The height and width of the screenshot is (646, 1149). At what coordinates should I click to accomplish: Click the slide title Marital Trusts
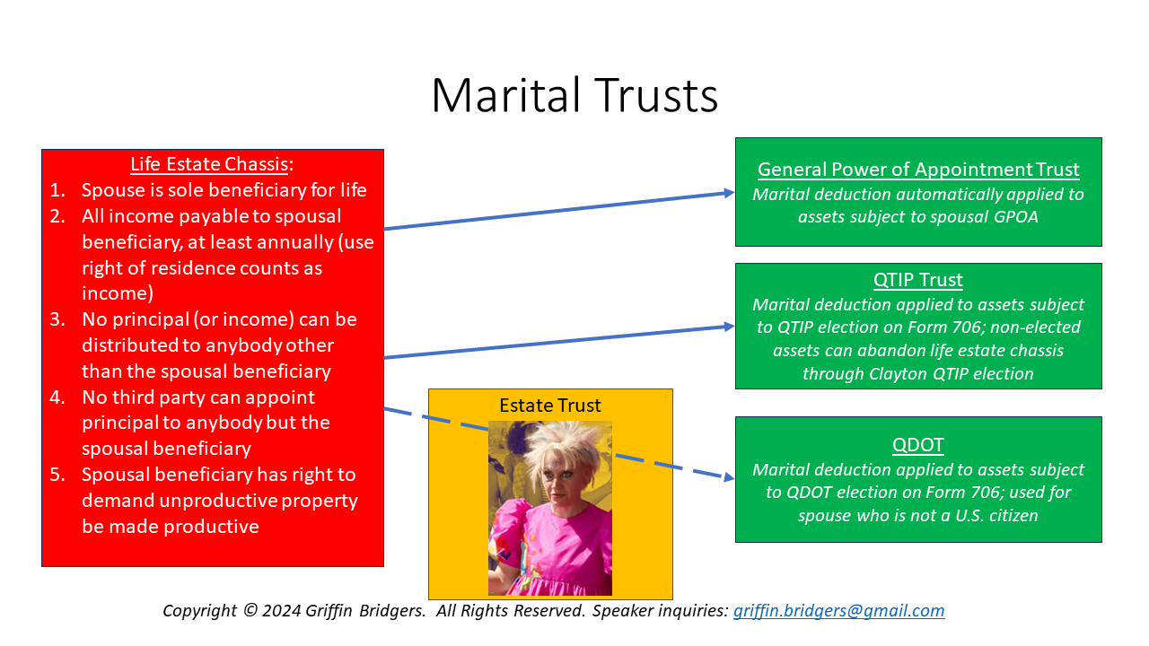click(574, 95)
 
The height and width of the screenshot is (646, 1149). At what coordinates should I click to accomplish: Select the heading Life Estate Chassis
click(210, 164)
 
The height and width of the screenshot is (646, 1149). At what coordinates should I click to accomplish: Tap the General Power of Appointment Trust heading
click(918, 170)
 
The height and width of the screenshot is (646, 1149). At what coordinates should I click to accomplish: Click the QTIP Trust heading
click(918, 280)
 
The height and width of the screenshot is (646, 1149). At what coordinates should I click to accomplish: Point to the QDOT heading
click(918, 445)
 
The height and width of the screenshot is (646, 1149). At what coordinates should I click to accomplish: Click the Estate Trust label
click(550, 406)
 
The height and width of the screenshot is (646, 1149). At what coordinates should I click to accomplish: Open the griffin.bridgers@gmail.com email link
click(838, 611)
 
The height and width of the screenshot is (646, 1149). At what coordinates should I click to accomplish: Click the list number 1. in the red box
click(57, 190)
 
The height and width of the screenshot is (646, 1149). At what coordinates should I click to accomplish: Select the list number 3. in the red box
click(57, 319)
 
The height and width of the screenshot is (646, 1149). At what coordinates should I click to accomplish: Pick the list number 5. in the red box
click(57, 475)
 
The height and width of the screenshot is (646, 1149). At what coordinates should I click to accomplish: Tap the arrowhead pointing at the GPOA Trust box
click(729, 193)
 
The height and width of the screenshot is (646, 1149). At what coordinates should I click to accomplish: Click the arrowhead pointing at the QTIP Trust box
click(729, 327)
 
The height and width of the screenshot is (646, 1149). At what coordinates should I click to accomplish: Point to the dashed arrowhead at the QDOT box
click(728, 478)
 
